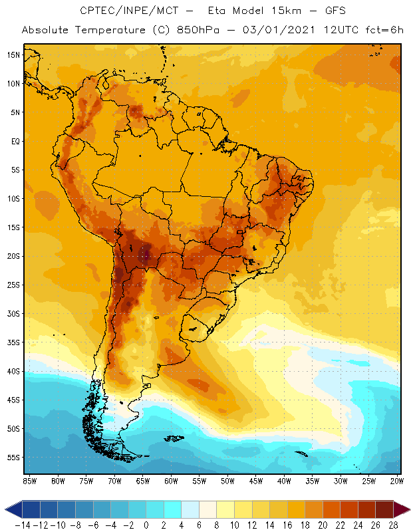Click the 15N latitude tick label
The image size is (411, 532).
point(13,55)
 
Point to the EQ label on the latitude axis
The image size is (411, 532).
point(15,141)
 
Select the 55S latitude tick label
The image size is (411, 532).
point(13,458)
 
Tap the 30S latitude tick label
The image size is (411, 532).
point(13,313)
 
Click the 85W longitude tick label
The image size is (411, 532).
point(30,480)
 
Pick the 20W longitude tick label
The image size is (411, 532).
point(397,480)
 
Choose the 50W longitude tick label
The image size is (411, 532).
point(227,480)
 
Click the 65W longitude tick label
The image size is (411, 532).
point(142,480)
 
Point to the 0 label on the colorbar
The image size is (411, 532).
point(146,525)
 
